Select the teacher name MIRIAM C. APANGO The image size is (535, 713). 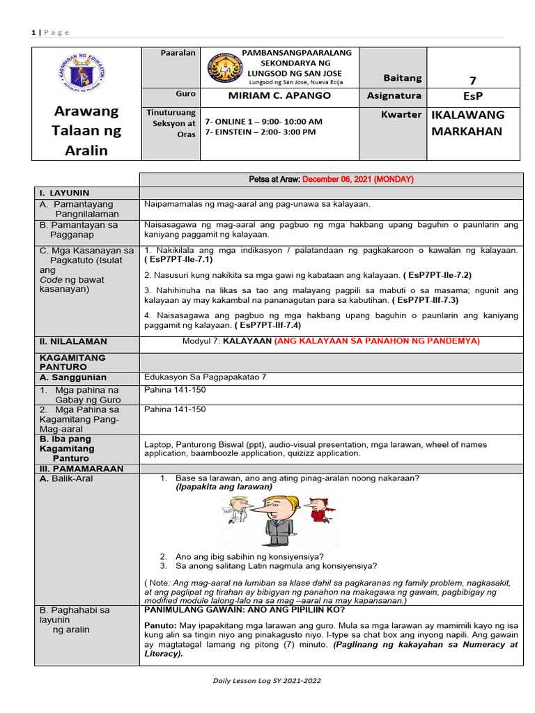pos(279,95)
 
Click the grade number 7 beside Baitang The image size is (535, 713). pos(472,81)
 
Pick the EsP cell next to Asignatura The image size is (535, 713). pos(472,96)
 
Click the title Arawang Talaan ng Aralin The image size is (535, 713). pos(88,130)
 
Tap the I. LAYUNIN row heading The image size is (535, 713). pos(64,193)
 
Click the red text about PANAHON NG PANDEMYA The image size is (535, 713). pos(377,341)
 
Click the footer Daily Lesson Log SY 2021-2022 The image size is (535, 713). pos(267,680)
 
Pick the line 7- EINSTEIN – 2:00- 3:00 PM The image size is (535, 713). pos(261,132)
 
